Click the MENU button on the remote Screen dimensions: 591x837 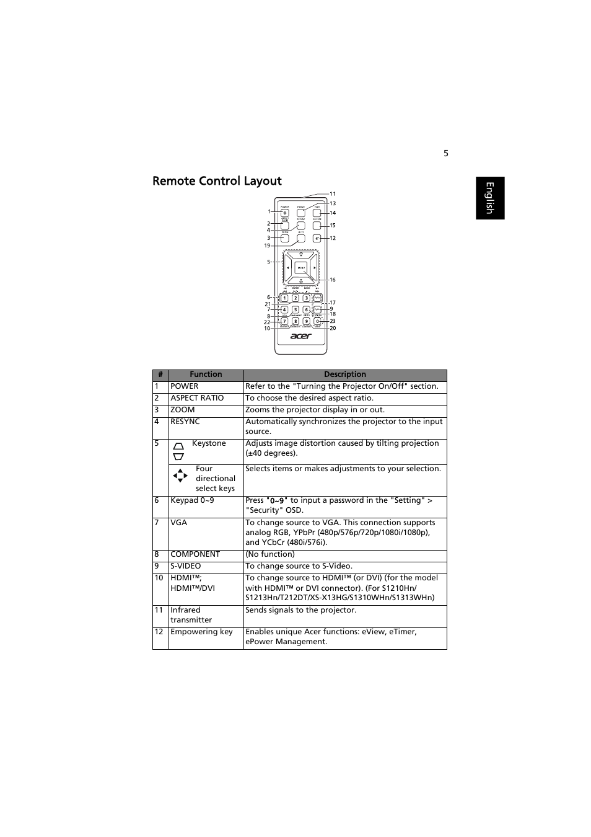click(x=300, y=268)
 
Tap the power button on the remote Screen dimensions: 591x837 click(x=285, y=213)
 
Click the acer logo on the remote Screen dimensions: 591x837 click(x=301, y=336)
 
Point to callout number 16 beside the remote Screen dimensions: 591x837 click(x=333, y=280)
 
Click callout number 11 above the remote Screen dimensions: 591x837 click(x=333, y=194)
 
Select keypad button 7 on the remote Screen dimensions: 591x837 click(x=284, y=321)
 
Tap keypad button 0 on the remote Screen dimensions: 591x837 click(x=317, y=321)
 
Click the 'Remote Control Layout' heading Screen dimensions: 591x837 click(x=217, y=181)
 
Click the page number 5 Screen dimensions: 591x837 click(x=445, y=153)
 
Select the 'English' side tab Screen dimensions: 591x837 click(x=490, y=198)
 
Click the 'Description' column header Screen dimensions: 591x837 click(x=345, y=374)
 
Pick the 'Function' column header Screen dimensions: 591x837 click(x=206, y=374)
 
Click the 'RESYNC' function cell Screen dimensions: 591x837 click(x=185, y=422)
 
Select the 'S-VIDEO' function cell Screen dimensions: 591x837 click(x=186, y=566)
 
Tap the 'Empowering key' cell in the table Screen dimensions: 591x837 click(x=201, y=632)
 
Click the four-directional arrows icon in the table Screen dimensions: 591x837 click(x=180, y=476)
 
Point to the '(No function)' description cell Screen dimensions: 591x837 click(x=270, y=554)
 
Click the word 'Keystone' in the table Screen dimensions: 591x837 click(x=209, y=443)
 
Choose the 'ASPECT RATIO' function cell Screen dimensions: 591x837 click(x=197, y=398)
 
